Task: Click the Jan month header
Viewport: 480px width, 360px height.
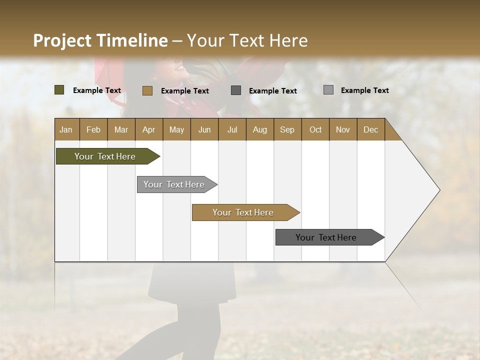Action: pyautogui.click(x=66, y=129)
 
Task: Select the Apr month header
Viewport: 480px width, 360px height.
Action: pyautogui.click(x=148, y=129)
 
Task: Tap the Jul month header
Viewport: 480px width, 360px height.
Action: pyautogui.click(x=232, y=129)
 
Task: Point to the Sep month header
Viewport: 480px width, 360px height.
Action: pyautogui.click(x=287, y=129)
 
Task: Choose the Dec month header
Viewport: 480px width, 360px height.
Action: pyautogui.click(x=370, y=129)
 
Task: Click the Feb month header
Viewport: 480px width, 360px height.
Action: pyautogui.click(x=93, y=129)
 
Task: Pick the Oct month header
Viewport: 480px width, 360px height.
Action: pyautogui.click(x=315, y=129)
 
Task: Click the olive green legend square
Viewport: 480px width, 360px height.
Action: pyautogui.click(x=59, y=90)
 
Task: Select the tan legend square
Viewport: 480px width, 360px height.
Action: pyautogui.click(x=147, y=90)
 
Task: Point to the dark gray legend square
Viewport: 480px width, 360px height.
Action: pyautogui.click(x=236, y=90)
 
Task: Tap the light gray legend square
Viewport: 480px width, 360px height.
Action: pyautogui.click(x=328, y=90)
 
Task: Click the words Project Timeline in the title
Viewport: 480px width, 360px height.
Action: pyautogui.click(x=100, y=40)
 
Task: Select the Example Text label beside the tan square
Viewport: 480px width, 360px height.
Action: pyautogui.click(x=185, y=91)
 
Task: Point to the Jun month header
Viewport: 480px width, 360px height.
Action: pyautogui.click(x=204, y=129)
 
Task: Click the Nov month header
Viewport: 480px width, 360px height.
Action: pyautogui.click(x=343, y=129)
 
